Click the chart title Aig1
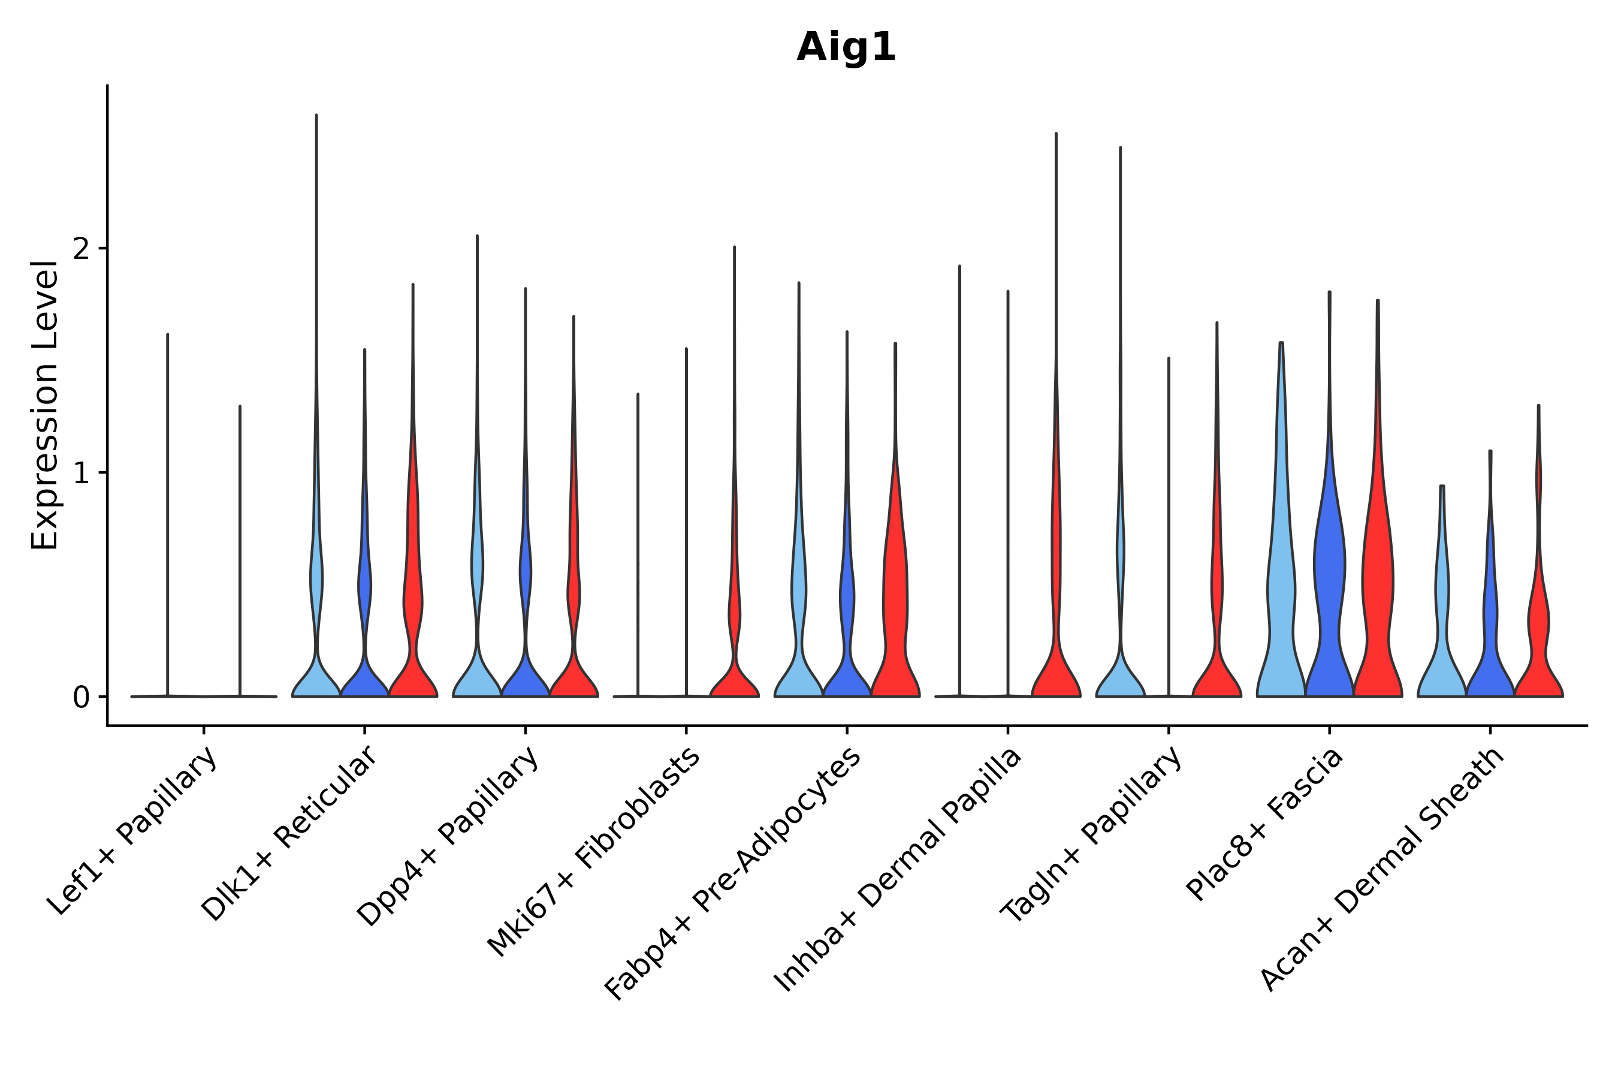[846, 48]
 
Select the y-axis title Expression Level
[46, 405]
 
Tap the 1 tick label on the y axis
[81, 473]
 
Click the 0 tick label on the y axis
[81, 698]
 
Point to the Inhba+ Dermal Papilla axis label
[898, 870]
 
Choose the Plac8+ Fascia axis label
[1264, 824]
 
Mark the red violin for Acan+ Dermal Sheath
[1538, 647]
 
